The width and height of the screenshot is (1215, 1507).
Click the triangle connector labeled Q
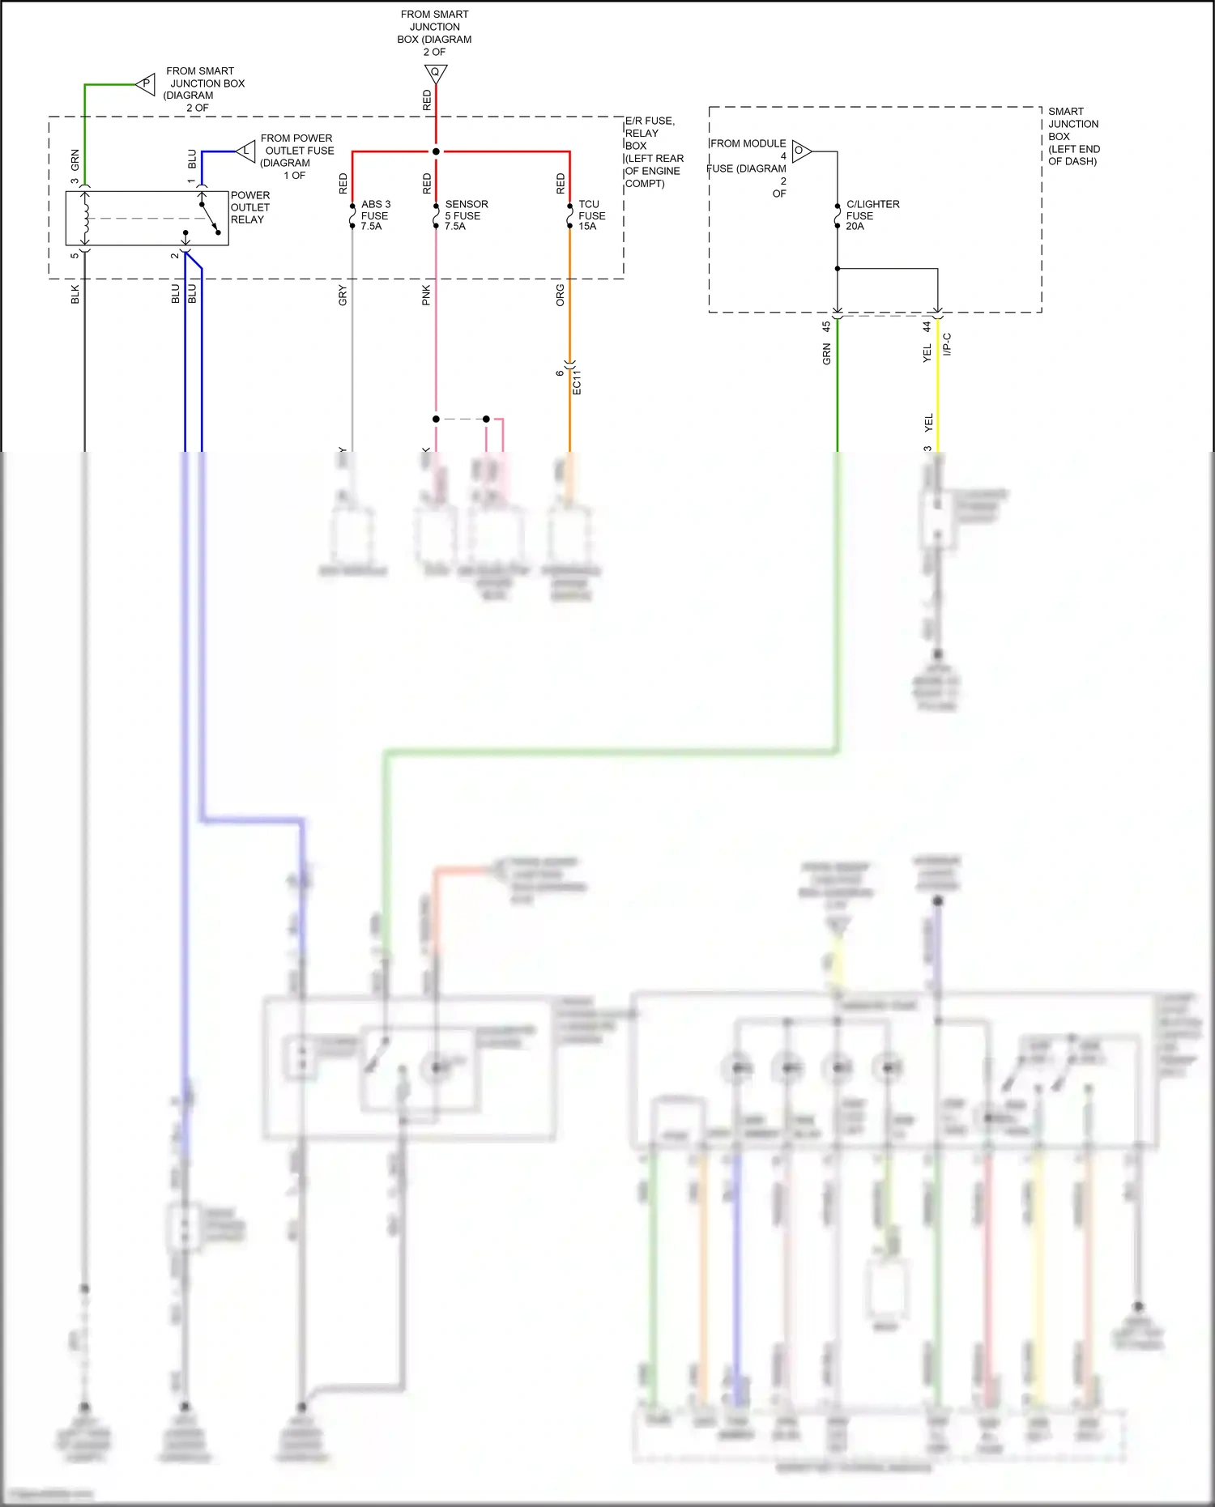tap(436, 74)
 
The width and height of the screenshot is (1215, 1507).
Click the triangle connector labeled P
tap(147, 83)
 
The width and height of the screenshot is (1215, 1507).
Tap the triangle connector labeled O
tap(800, 151)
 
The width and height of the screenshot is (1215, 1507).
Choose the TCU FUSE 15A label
tap(591, 215)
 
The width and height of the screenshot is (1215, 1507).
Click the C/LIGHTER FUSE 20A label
tap(872, 215)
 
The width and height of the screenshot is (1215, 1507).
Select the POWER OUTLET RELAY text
tap(249, 207)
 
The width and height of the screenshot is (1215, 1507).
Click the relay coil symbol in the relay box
tap(86, 218)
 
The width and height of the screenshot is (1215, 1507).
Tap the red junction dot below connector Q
tap(436, 151)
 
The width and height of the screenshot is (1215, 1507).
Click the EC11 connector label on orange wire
tap(577, 382)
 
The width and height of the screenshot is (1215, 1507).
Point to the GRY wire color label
tap(343, 296)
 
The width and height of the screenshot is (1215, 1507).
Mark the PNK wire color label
tap(426, 296)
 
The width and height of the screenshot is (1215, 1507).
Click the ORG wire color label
tap(560, 296)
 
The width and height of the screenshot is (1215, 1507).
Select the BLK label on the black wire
tap(75, 294)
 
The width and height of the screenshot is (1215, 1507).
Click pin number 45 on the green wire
tap(826, 326)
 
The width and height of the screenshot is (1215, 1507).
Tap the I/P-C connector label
tap(947, 344)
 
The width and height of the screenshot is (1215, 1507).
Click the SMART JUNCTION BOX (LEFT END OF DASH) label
tap(1073, 136)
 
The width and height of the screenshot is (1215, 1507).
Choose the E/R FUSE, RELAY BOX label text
tap(653, 152)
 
